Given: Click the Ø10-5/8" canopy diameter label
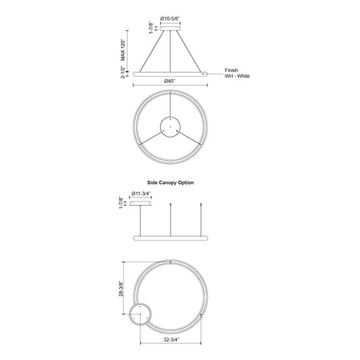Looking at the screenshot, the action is [170, 18].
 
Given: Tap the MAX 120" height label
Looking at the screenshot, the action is [122, 50].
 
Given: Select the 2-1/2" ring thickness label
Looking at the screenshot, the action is [123, 72].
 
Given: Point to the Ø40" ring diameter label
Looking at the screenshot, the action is [170, 81].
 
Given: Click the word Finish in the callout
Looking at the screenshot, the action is [231, 70].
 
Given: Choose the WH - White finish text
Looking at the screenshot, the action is [237, 76].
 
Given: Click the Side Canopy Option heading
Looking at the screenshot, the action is [170, 182].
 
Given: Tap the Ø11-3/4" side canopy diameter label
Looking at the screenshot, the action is [140, 194].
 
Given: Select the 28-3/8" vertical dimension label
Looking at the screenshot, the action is [122, 288].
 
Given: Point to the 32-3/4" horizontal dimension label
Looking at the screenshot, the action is [171, 339].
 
